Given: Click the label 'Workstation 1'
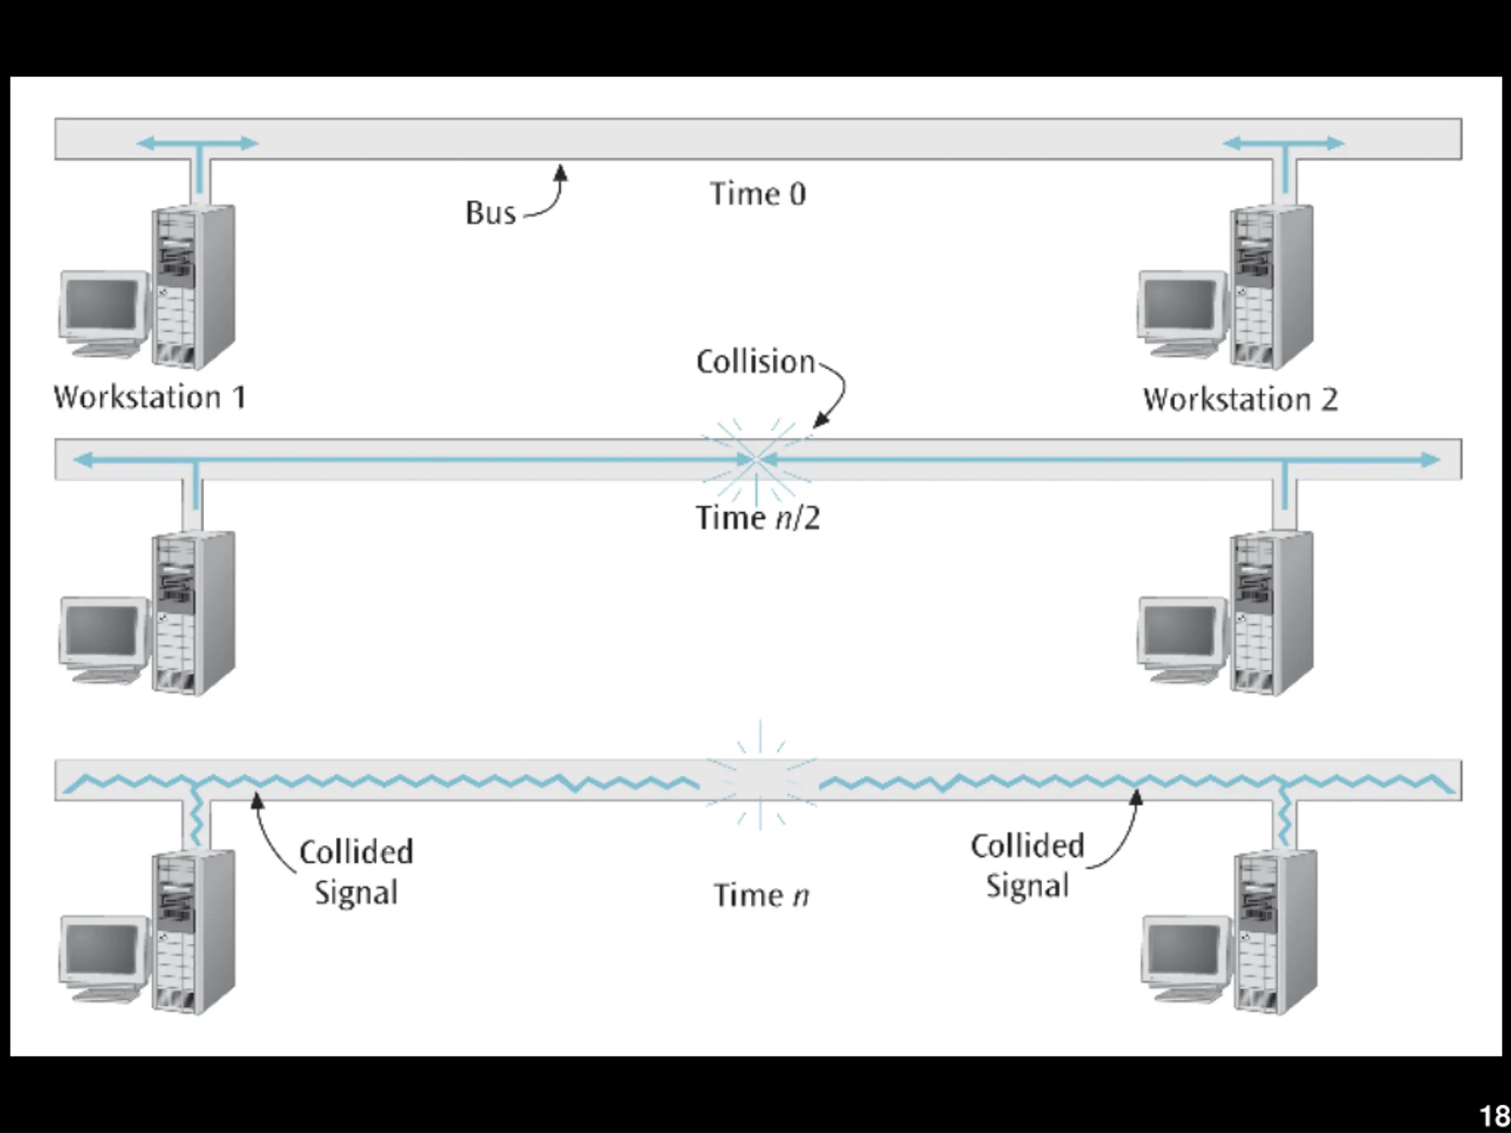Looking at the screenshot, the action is point(149,398).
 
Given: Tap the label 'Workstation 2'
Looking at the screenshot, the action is point(1240,399).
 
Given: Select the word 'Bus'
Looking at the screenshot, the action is point(490,212).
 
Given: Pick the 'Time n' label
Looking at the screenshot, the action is point(761,895).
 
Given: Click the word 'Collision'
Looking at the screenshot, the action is point(755,361).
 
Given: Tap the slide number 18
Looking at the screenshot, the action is point(1494,1116).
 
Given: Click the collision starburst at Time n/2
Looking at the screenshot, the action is point(757,460).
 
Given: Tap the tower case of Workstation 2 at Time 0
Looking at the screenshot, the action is point(1271,287).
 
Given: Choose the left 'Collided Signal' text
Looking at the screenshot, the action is point(356,872).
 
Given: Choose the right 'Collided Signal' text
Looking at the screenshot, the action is point(1028,866).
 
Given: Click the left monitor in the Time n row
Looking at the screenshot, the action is point(104,959).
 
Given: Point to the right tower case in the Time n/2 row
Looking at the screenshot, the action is point(1271,613).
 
